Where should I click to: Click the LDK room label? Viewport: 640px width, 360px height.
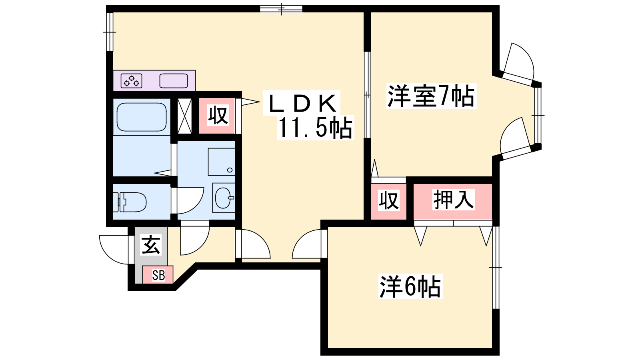pyautogui.click(x=302, y=103)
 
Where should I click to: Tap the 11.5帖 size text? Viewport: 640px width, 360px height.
pyautogui.click(x=315, y=128)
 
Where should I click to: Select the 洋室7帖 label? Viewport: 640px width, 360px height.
pyautogui.click(x=431, y=96)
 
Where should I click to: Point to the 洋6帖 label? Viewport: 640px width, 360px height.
pyautogui.click(x=410, y=286)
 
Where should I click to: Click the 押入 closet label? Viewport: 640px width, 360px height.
pyautogui.click(x=454, y=200)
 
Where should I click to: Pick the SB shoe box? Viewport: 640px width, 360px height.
pyautogui.click(x=158, y=275)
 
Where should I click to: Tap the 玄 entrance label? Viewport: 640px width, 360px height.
pyautogui.click(x=151, y=244)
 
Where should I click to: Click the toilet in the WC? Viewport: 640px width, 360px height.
pyautogui.click(x=130, y=202)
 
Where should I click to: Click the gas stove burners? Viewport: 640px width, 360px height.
pyautogui.click(x=132, y=80)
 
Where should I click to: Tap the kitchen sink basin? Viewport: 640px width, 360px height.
pyautogui.click(x=174, y=81)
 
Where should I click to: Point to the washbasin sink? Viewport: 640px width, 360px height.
pyautogui.click(x=224, y=198)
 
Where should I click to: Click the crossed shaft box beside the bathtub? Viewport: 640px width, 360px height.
pyautogui.click(x=184, y=116)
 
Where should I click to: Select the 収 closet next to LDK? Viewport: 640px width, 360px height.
pyautogui.click(x=217, y=116)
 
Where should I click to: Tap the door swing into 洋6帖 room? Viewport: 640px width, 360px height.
pyautogui.click(x=306, y=244)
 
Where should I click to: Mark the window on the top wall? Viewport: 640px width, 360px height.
pyautogui.click(x=281, y=8)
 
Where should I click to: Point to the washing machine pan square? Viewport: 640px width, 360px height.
pyautogui.click(x=222, y=162)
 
